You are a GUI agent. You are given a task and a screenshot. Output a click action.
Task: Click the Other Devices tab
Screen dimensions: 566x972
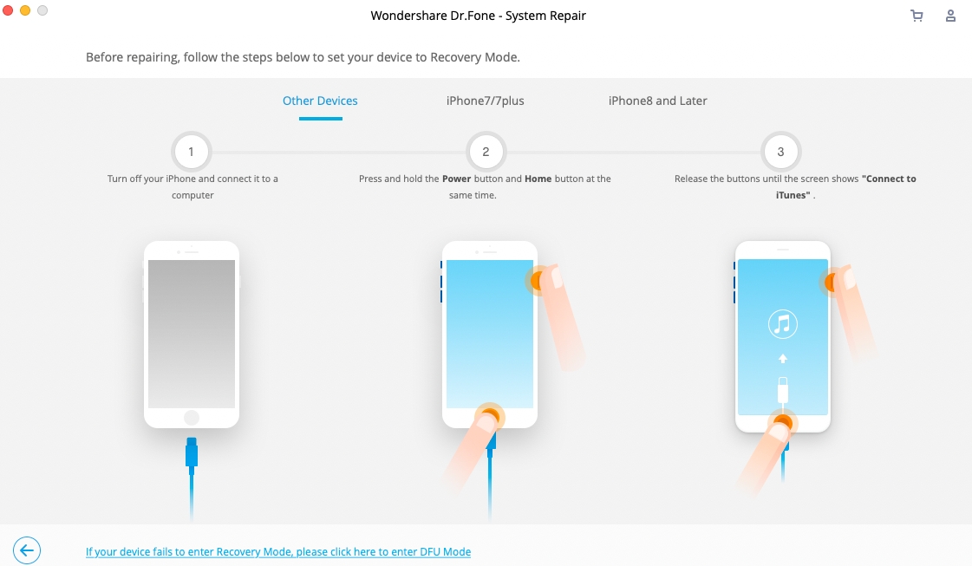point(320,101)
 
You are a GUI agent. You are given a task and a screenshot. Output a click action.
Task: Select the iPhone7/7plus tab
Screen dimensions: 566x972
point(485,101)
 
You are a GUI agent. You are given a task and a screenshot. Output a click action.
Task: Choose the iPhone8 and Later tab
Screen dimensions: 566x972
point(657,101)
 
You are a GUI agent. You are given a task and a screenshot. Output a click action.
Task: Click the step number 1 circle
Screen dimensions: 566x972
point(191,152)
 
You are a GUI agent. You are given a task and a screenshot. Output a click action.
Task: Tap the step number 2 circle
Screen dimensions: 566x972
point(486,152)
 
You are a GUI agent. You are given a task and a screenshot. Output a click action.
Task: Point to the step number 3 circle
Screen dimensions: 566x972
point(780,152)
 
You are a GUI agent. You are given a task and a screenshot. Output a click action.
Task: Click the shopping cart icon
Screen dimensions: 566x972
point(917,16)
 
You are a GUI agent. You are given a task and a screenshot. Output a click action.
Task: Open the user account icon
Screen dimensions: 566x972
point(951,16)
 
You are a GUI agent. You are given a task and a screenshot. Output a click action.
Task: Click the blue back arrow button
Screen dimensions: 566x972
point(27,550)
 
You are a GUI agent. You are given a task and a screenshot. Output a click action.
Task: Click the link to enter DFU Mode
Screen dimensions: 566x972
point(277,551)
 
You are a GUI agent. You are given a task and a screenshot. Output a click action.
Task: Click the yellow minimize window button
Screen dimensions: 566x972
point(25,10)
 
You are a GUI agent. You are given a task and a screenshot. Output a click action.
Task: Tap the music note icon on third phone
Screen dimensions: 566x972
point(782,325)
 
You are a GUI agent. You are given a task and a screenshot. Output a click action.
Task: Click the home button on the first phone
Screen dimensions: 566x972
point(191,418)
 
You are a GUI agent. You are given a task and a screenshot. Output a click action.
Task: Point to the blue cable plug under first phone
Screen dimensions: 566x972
point(192,453)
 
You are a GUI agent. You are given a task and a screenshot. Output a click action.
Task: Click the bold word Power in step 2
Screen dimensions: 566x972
point(456,179)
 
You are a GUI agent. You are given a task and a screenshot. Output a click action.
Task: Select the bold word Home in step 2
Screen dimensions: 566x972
point(538,179)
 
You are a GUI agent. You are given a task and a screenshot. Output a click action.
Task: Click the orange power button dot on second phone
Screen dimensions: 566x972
point(537,281)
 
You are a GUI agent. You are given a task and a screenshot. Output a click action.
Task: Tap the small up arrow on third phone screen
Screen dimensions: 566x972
point(782,358)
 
